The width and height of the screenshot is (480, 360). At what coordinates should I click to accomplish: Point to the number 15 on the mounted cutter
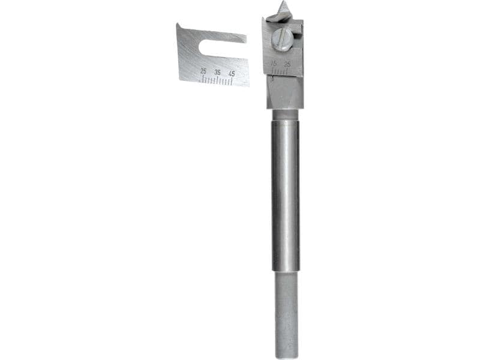click(x=274, y=62)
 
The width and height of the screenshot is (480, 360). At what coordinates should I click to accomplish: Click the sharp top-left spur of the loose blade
click(x=178, y=25)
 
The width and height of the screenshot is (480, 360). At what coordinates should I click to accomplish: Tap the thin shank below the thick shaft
click(x=286, y=312)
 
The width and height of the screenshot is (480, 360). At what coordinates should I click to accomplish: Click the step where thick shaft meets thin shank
click(x=286, y=272)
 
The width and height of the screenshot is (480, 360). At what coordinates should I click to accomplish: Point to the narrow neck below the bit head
click(x=284, y=114)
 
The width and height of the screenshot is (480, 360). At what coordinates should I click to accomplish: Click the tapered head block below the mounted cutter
click(x=284, y=93)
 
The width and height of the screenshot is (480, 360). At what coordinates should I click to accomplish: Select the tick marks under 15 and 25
click(x=280, y=71)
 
